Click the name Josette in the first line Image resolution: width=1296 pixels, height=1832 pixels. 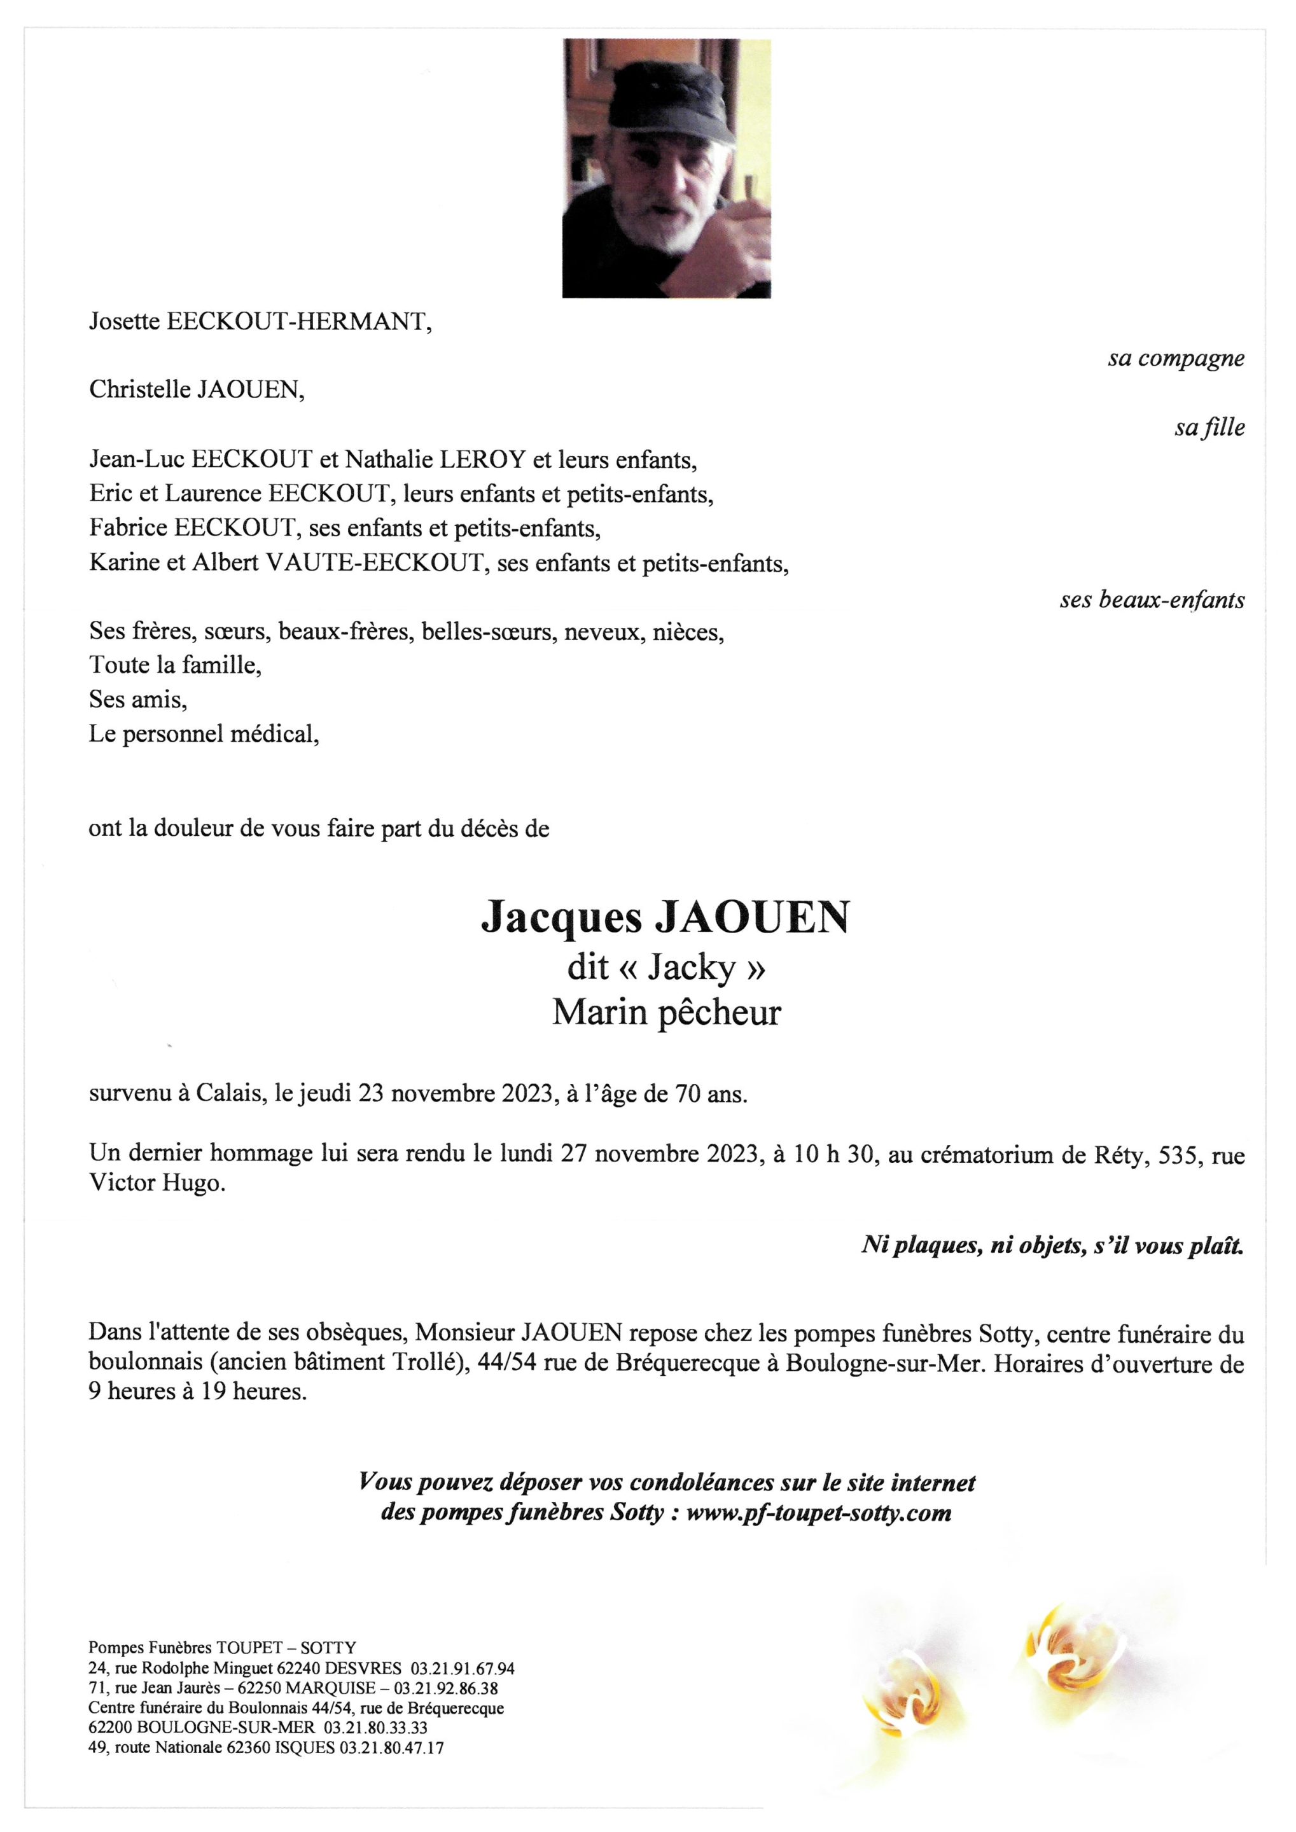(x=123, y=322)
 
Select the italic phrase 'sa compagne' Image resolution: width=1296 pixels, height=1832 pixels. (x=1174, y=359)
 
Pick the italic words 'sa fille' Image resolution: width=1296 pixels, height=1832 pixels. (x=1208, y=429)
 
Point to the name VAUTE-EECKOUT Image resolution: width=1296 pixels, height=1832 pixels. (x=375, y=564)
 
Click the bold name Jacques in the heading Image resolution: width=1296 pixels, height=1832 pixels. (x=561, y=919)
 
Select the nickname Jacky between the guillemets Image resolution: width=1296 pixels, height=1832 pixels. (x=690, y=968)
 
